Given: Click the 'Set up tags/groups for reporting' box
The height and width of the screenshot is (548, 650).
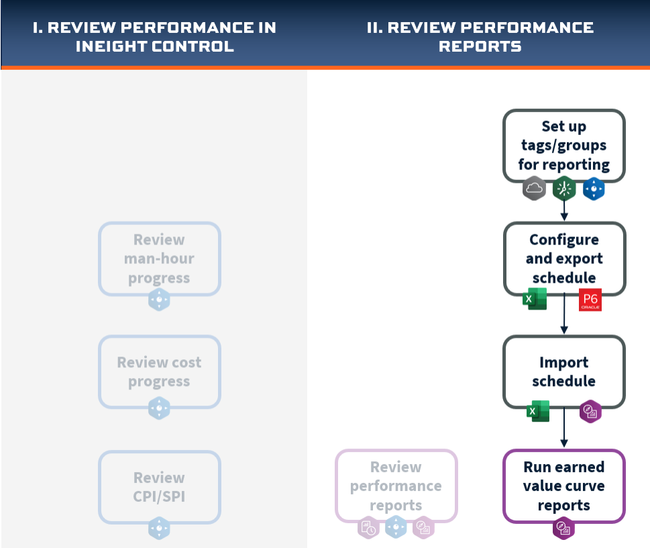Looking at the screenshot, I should (563, 145).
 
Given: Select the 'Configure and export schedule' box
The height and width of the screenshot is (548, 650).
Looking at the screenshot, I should (563, 259).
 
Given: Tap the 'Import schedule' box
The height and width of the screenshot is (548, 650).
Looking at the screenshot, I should (563, 371).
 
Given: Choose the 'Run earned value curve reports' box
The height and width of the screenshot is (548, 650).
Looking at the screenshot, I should (563, 486).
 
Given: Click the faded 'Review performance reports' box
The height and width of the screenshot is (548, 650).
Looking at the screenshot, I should (396, 486).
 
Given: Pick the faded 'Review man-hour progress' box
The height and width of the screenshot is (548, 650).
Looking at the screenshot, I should (159, 259).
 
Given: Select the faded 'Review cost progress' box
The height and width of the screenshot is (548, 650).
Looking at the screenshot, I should (159, 371).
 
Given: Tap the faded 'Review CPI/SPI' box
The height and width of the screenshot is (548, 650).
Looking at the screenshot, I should (159, 487).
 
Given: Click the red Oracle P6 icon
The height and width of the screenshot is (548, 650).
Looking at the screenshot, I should (590, 300).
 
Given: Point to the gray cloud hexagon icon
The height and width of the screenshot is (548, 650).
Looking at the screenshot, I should (534, 189).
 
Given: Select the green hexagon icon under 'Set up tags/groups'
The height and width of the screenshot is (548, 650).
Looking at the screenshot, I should (564, 189).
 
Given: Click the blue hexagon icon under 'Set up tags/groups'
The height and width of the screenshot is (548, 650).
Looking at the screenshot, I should (593, 189).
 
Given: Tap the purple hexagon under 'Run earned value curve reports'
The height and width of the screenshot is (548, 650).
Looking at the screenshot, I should (563, 528).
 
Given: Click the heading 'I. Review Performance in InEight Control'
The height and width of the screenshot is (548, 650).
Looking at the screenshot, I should (154, 37).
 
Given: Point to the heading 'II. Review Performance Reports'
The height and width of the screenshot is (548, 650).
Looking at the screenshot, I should (480, 37).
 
